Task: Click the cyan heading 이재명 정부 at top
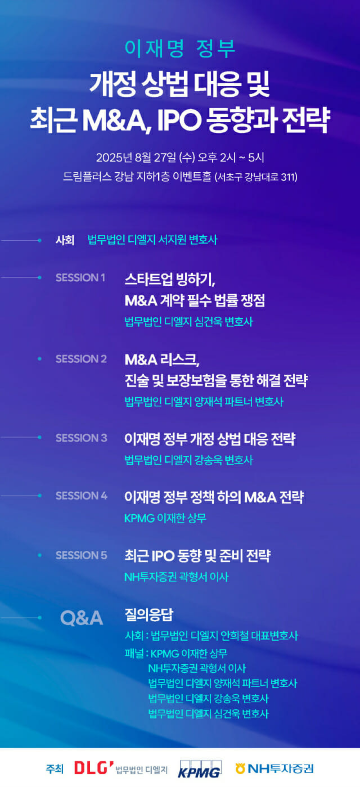(x=180, y=49)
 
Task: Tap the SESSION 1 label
(x=80, y=277)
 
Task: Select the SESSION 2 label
(x=81, y=359)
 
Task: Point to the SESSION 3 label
(x=81, y=438)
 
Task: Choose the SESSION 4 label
(x=81, y=496)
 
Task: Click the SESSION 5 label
(x=81, y=555)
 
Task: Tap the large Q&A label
(x=82, y=618)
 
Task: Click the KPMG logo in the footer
(x=200, y=768)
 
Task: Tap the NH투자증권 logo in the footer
(x=274, y=768)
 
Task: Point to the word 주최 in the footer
(x=55, y=768)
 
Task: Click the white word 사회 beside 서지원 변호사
(x=65, y=240)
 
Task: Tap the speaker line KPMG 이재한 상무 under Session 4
(x=165, y=518)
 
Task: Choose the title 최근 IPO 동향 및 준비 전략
(x=197, y=556)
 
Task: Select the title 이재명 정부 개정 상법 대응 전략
(x=210, y=439)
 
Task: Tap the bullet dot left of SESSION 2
(x=39, y=358)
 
